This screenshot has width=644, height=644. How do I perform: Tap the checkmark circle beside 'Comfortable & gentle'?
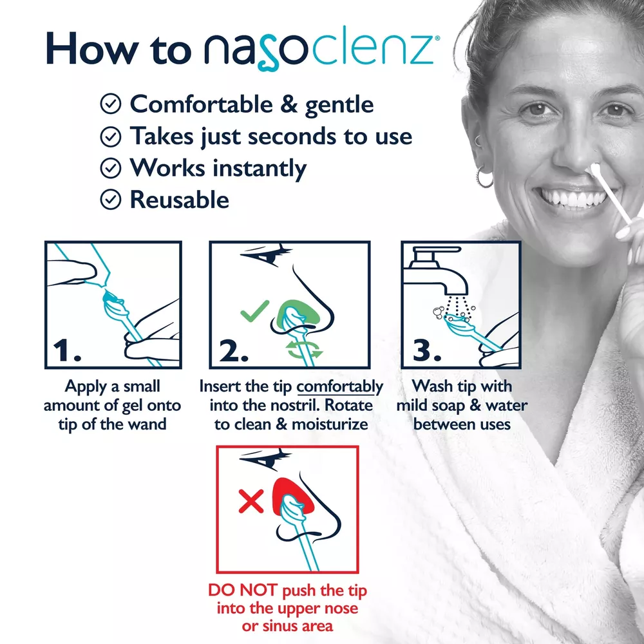click(111, 104)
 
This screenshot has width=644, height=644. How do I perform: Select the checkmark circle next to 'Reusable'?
click(111, 200)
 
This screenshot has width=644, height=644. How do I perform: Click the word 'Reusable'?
click(180, 200)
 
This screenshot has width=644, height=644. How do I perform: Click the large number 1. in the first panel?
click(67, 350)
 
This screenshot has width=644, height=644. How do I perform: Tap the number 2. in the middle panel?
click(234, 350)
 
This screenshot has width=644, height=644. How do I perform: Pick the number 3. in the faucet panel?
click(427, 350)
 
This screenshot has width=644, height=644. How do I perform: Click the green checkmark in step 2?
click(254, 311)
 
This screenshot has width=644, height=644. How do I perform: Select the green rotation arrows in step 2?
click(305, 349)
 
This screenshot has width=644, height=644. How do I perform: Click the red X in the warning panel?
click(251, 501)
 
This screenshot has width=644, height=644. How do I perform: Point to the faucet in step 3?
click(435, 270)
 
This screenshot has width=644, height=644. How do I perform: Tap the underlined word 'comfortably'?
click(339, 386)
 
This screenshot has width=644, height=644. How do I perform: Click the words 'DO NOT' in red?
click(243, 590)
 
